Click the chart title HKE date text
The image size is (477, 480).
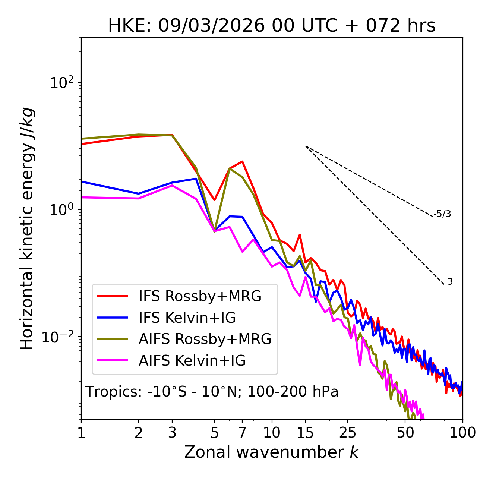point(272,26)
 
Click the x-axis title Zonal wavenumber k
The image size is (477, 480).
point(271,452)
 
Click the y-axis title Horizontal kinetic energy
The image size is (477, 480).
point(27,228)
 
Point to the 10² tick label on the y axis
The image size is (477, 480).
point(61,82)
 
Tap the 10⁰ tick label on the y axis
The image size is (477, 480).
point(61,209)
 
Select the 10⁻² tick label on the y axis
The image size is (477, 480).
point(60,337)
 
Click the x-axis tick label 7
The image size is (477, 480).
point(242,433)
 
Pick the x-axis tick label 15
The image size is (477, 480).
point(306,433)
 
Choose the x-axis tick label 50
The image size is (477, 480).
point(405,433)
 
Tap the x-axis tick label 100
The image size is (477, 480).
point(462,433)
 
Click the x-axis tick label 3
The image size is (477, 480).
point(172,433)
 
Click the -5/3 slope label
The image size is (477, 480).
point(442,214)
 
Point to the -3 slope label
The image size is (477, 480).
point(449,282)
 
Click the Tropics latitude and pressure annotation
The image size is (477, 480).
point(212,392)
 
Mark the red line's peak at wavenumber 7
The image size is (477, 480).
point(243,161)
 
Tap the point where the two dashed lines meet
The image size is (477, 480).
point(306,146)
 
